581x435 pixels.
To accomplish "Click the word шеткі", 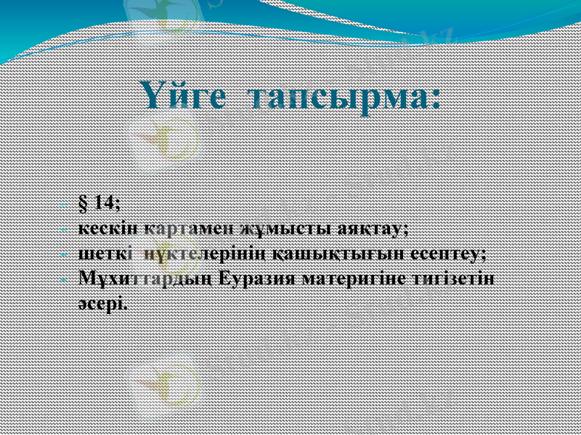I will coord(102,254).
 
